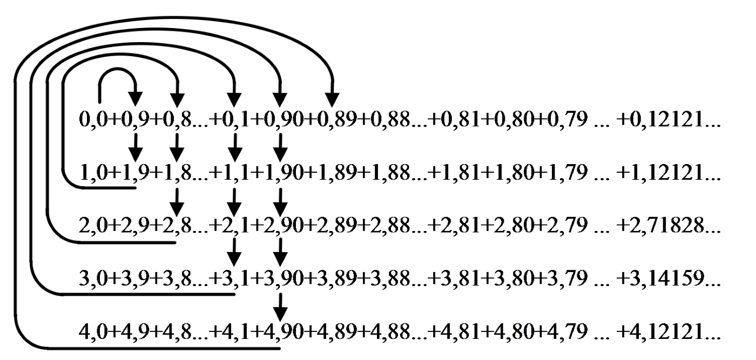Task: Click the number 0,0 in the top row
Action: [93, 120]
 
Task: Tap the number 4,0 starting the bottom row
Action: [93, 331]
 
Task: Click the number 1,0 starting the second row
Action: [93, 172]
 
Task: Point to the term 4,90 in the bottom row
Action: [283, 331]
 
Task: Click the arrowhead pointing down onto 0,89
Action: [332, 99]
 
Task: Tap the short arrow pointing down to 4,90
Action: [280, 308]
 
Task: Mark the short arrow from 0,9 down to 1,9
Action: [136, 148]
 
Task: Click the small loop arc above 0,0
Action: [117, 69]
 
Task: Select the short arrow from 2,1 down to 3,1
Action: [234, 253]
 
